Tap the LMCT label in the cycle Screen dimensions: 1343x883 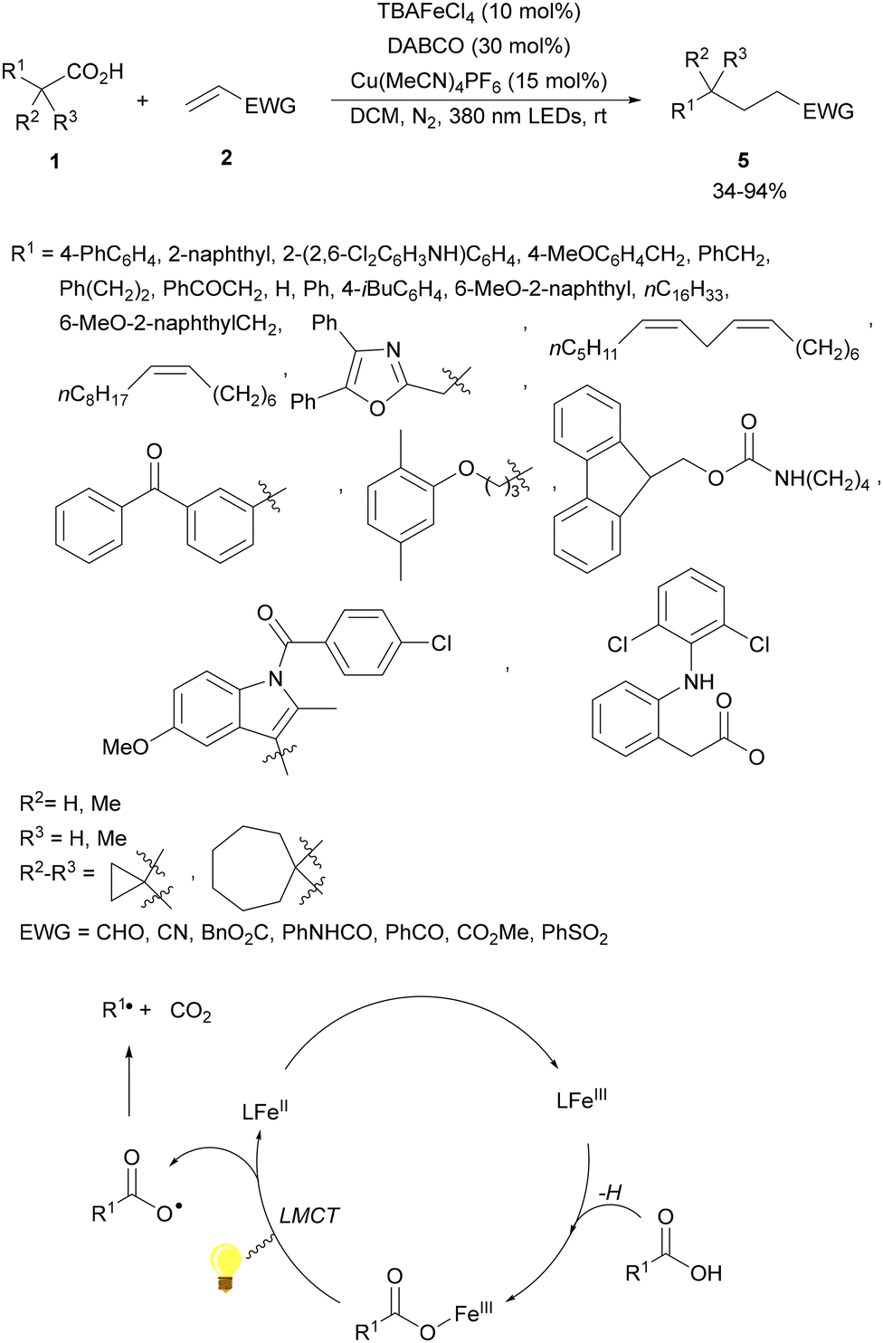[309, 1215]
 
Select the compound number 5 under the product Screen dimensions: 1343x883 [743, 160]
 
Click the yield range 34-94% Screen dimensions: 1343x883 [749, 191]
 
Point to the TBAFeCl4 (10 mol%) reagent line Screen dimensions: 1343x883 [479, 13]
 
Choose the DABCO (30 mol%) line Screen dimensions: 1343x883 [479, 46]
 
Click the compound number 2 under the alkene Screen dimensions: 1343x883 [226, 157]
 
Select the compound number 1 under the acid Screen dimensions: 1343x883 [55, 162]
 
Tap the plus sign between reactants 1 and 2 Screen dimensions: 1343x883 [142, 100]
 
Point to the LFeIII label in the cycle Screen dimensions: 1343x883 [581, 1100]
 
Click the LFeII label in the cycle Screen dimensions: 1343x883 [264, 1110]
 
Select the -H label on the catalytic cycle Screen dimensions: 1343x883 [610, 1192]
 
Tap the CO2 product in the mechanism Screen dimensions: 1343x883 [190, 1011]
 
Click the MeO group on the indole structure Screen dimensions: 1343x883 [125, 747]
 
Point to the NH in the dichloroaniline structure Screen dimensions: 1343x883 [698, 681]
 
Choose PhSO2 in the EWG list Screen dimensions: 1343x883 [574, 933]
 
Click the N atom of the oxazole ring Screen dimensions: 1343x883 [393, 349]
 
